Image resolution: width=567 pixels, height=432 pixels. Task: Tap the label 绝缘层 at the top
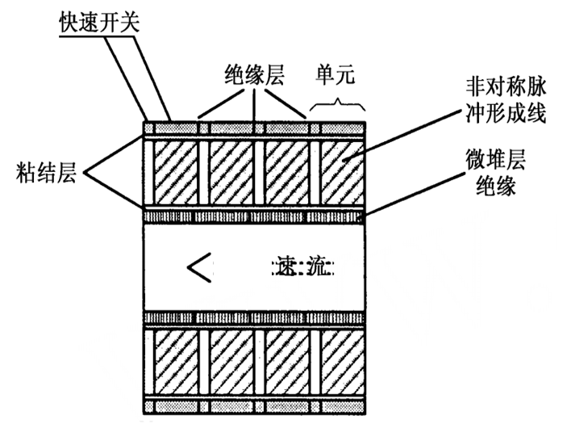[255, 78]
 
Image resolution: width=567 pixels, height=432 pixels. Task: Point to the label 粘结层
[45, 171]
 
